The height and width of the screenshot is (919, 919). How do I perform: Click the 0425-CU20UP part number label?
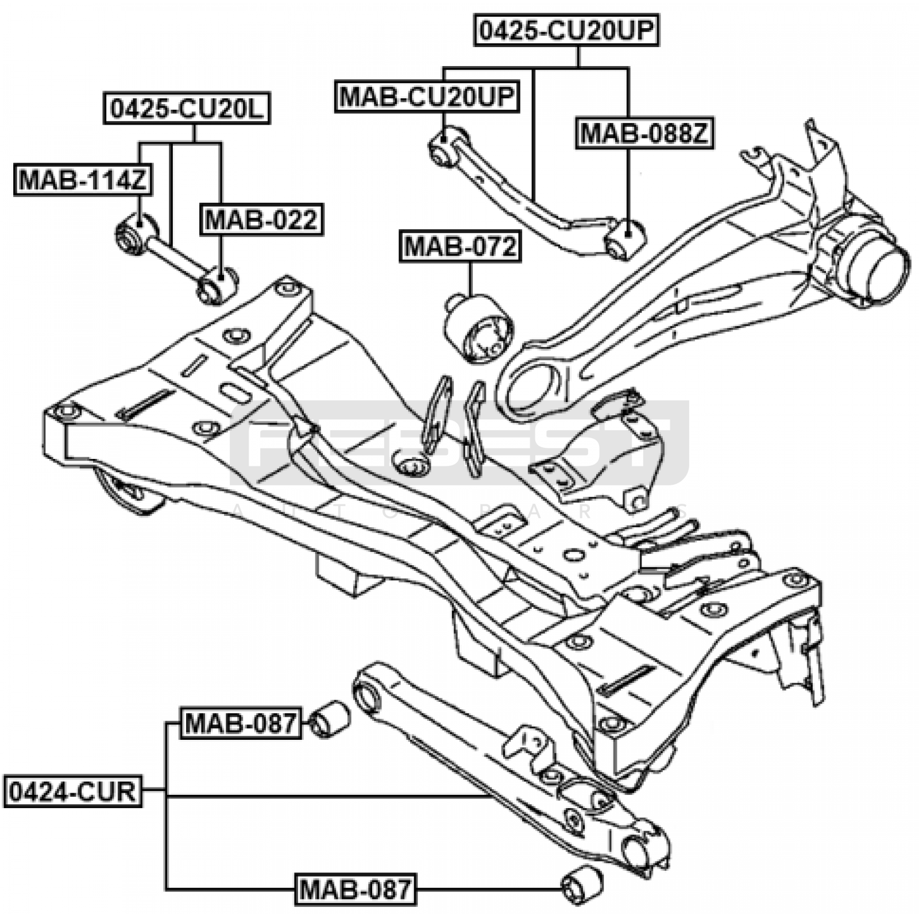pyautogui.click(x=566, y=30)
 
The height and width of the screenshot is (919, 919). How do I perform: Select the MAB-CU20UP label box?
pyautogui.click(x=426, y=96)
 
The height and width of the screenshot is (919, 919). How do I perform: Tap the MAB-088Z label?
pyautogui.click(x=644, y=134)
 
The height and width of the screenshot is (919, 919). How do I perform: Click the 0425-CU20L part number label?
pyautogui.click(x=187, y=109)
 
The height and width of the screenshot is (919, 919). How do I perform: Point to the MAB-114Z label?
pyautogui.click(x=83, y=180)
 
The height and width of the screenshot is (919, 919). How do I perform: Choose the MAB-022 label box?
pyautogui.click(x=261, y=219)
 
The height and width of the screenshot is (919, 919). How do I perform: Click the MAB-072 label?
pyautogui.click(x=460, y=246)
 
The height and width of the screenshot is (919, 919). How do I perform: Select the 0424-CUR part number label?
pyautogui.click(x=73, y=791)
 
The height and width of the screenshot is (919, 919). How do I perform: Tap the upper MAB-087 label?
pyautogui.click(x=241, y=723)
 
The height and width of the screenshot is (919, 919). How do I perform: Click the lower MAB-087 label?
pyautogui.click(x=356, y=889)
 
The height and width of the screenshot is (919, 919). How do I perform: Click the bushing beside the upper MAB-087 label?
pyautogui.click(x=329, y=719)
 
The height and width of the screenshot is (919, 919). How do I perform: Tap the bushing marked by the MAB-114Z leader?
pyautogui.click(x=136, y=234)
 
